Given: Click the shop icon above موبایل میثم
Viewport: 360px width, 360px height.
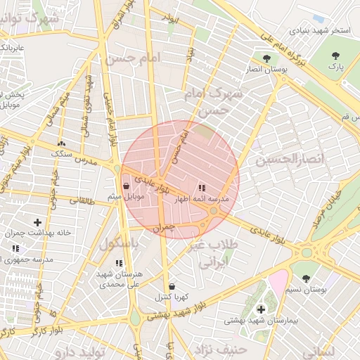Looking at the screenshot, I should pos(126,186).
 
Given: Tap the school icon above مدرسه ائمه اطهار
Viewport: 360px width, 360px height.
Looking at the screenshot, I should pos(202,188).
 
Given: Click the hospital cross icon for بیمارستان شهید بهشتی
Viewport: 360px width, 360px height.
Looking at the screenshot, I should pos(261,309).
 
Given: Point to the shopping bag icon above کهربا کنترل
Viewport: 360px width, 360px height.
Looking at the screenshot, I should pos(172,287).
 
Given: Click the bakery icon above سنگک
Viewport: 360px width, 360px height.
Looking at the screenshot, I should pos(61,143).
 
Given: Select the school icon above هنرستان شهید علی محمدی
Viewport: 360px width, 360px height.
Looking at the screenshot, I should pos(118,263).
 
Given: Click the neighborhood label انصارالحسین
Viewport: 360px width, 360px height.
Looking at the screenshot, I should pos(290,160).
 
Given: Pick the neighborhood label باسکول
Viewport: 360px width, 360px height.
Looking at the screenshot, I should pos(117,244).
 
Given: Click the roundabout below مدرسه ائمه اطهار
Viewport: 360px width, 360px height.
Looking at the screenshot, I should pos(213,210).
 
